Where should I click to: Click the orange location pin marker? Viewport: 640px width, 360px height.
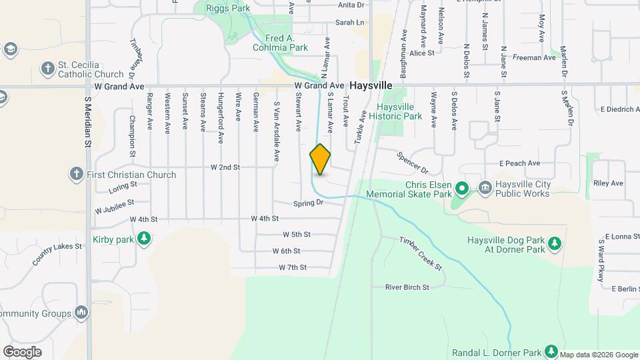tap(320, 159)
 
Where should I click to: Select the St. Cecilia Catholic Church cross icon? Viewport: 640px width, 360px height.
tap(47, 68)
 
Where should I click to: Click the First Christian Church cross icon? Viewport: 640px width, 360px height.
tap(76, 175)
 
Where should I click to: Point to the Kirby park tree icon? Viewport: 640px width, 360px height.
tap(143, 238)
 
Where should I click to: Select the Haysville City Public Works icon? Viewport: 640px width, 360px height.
tap(484, 189)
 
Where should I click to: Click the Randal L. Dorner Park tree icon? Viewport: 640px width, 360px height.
tap(551, 351)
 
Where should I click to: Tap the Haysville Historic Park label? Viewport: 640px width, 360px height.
tap(400, 111)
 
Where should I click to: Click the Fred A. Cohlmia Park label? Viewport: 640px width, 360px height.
tap(280, 43)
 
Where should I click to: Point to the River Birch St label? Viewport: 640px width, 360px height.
tap(407, 287)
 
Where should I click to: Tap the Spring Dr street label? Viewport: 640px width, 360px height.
tap(308, 202)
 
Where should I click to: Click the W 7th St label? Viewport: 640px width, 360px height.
tap(293, 267)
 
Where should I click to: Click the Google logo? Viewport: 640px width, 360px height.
tap(23, 351)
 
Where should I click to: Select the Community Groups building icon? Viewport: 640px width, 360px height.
tap(81, 313)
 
